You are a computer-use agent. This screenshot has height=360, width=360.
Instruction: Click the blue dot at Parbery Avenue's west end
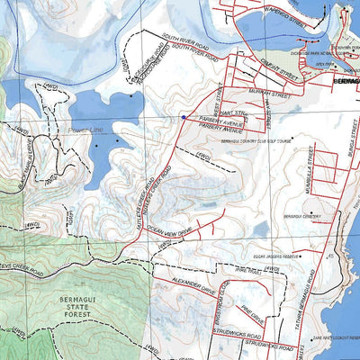pyautogui.click(x=183, y=117)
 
